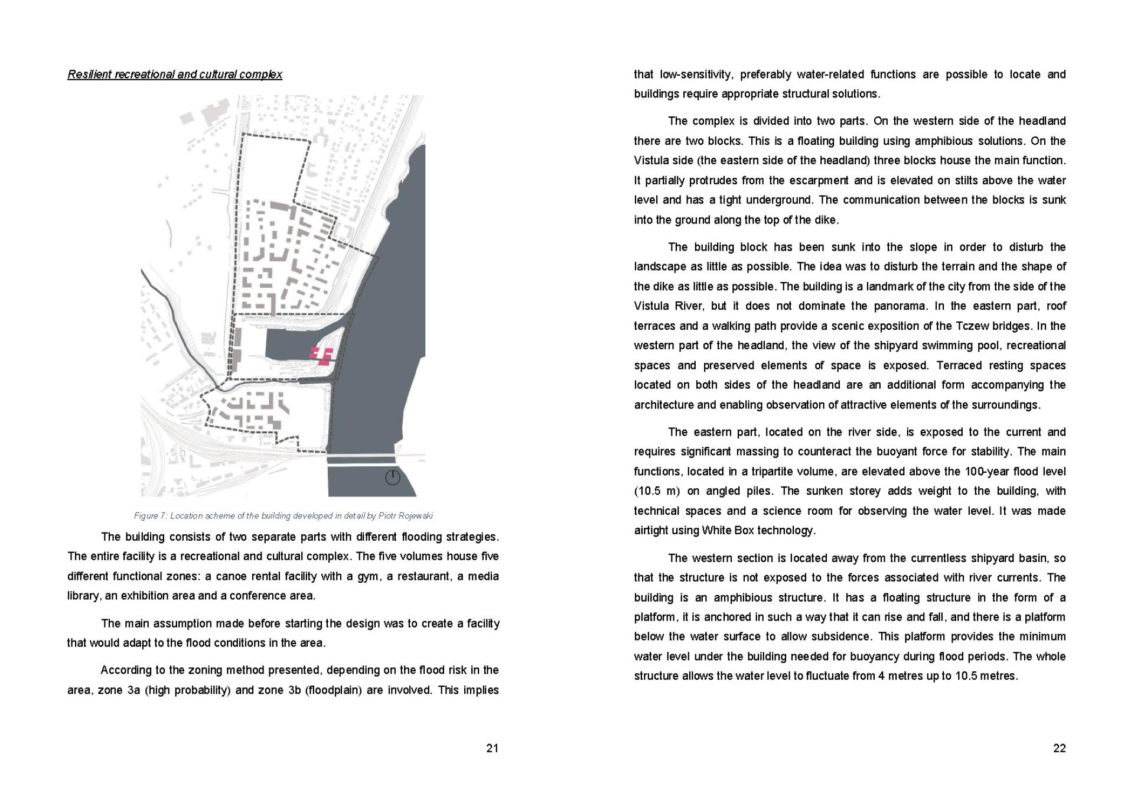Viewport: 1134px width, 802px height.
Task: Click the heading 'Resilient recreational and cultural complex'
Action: point(175,74)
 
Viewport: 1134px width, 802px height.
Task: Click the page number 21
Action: point(492,748)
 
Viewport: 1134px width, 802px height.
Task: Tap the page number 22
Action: point(1060,748)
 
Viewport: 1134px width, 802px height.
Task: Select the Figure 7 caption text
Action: point(283,516)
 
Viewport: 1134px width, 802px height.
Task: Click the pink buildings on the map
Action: point(322,356)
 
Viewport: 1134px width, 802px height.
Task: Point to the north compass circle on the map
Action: point(393,478)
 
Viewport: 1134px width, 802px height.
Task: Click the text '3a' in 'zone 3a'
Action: point(133,690)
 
